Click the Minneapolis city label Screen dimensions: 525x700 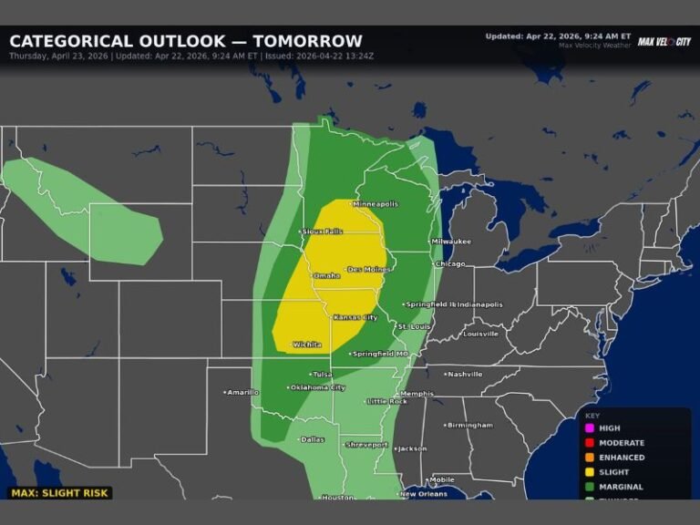(375, 204)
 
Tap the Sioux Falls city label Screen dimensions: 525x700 (323, 232)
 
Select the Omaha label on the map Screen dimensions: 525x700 (326, 275)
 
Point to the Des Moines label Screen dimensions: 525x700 (369, 270)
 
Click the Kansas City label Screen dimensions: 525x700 (355, 317)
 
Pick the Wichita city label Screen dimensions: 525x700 (307, 345)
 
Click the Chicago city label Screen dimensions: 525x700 (449, 264)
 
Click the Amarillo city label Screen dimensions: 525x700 (242, 392)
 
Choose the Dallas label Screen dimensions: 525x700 (312, 439)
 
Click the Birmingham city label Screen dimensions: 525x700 (469, 425)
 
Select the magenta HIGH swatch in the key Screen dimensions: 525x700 (590, 428)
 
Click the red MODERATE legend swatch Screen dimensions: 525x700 (590, 443)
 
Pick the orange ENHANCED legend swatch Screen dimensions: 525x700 (590, 458)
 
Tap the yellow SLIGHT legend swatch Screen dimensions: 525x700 (590, 472)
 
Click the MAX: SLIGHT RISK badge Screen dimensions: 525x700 (60, 493)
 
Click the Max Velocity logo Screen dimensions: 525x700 (664, 42)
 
